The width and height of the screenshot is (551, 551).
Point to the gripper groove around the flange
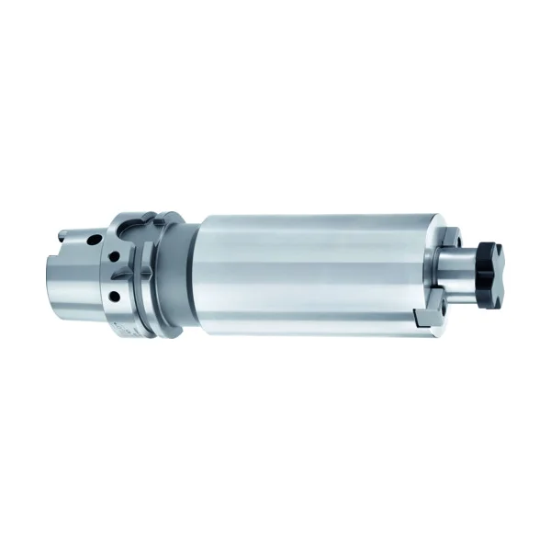tap(152, 275)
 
